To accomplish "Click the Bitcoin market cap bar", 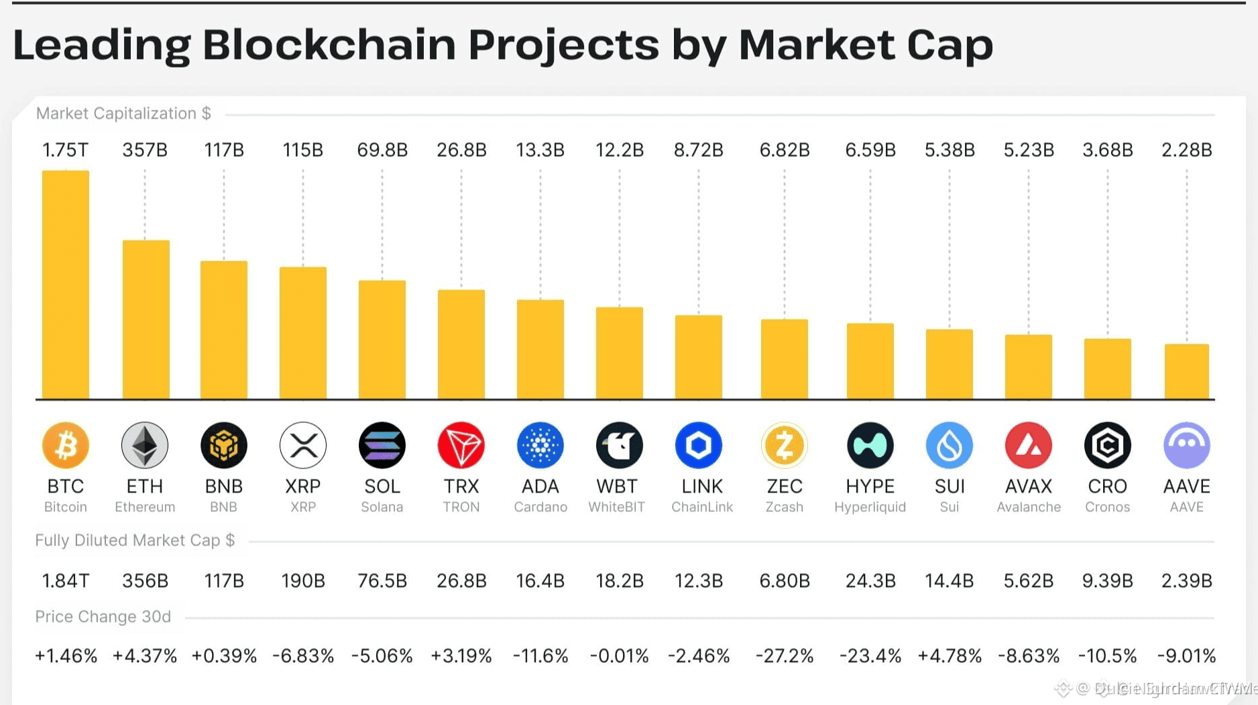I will coord(66,285).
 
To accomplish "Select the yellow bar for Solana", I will coord(382,340).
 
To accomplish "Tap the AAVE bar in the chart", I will coord(1186,371).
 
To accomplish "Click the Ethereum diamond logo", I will coord(145,445).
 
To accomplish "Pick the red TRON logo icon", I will coord(461,445).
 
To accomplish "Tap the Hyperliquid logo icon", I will coord(870,445).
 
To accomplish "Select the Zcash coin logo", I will coord(784,445).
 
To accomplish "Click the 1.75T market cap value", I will coord(65,150).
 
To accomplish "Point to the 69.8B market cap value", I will coord(382,150).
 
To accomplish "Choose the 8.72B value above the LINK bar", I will coord(698,150).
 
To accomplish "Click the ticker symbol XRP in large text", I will coord(303,486).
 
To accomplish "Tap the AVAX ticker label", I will coord(1029,486).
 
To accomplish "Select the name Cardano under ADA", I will coord(540,507).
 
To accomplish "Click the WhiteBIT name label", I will coord(617,507).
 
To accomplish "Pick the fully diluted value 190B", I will coord(303,580).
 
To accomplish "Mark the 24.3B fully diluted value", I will coord(870,580).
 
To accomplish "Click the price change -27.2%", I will coord(784,655).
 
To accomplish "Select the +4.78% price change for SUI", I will coord(950,655).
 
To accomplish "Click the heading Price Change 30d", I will coord(103,617).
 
